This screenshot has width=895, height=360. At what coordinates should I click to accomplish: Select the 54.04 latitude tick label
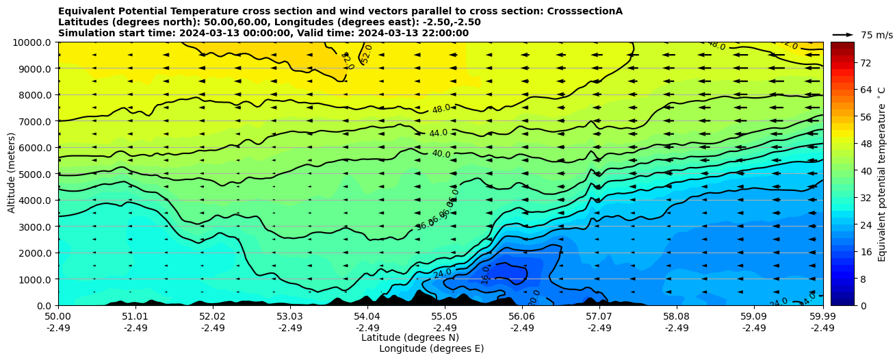367,317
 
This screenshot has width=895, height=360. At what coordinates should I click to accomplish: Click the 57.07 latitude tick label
599,317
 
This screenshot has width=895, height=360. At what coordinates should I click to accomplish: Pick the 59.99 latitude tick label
822,317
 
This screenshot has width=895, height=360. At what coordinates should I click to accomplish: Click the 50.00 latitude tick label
58,317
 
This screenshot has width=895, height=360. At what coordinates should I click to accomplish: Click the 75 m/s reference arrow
842,34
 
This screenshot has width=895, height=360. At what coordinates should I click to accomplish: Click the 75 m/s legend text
877,35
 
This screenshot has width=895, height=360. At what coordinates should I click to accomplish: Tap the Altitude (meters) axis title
12,172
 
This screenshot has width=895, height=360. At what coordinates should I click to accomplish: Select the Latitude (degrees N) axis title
410,337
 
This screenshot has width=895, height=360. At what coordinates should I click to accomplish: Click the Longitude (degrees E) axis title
431,348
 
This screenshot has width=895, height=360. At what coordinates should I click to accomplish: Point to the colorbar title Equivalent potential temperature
882,174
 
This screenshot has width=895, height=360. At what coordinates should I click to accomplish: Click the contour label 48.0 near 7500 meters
441,109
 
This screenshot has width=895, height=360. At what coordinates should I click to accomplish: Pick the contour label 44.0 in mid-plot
439,133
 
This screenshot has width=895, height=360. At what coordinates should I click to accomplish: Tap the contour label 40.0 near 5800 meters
441,154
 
